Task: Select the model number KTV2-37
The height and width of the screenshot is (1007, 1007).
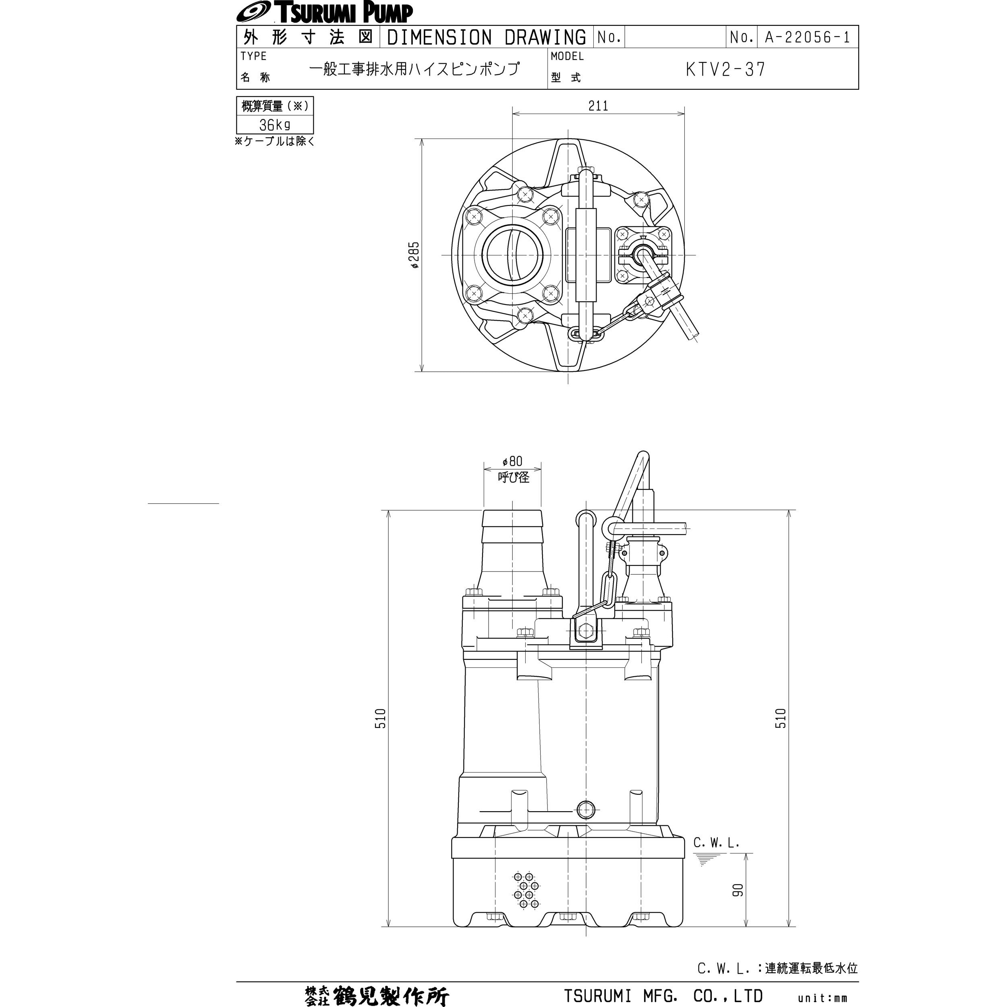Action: [x=725, y=69]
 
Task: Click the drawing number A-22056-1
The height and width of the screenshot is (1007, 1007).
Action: [x=807, y=37]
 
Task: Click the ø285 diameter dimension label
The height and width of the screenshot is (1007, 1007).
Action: [x=415, y=255]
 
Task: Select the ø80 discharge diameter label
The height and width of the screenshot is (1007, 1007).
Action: [x=512, y=461]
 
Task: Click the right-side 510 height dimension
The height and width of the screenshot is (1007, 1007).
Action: [x=781, y=718]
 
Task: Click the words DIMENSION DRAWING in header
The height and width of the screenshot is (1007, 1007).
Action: [x=487, y=37]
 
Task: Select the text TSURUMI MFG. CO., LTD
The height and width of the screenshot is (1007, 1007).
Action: [x=663, y=996]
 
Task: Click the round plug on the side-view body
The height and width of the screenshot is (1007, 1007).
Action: [x=586, y=810]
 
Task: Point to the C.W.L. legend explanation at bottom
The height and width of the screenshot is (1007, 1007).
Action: [x=777, y=968]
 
